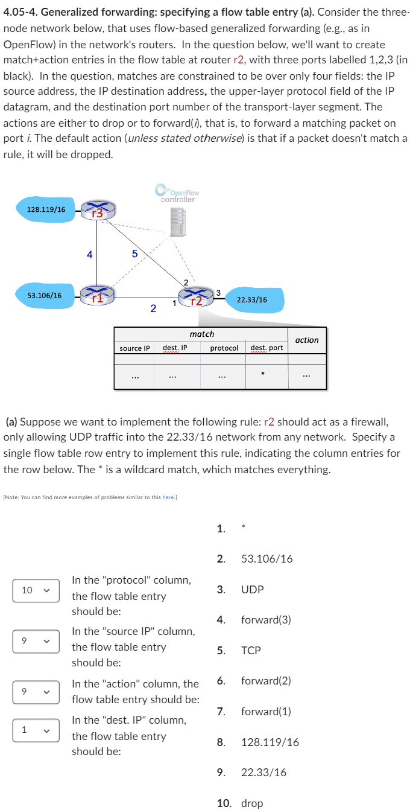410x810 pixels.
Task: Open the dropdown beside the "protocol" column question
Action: point(36,590)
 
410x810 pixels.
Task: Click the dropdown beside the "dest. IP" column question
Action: point(36,730)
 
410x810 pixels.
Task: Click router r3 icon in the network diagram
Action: point(96,210)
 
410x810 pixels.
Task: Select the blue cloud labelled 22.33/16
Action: point(252,299)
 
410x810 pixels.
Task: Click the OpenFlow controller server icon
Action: point(178,220)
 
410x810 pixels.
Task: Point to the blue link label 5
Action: point(135,254)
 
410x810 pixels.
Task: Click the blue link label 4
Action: point(89,255)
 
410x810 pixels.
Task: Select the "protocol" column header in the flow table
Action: point(224,348)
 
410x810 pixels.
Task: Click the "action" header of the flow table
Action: point(307,340)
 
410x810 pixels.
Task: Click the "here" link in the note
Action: point(168,497)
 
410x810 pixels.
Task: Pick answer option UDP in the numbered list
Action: point(252,590)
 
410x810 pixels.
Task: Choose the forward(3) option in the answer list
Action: point(266,620)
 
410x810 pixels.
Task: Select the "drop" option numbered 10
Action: point(252,803)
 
